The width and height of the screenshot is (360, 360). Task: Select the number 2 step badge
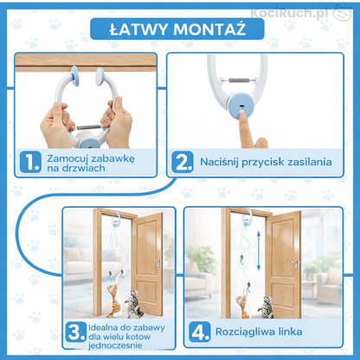[x=183, y=160]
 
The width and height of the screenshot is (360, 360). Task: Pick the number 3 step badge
[x=75, y=332]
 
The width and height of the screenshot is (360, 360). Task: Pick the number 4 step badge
[x=200, y=332]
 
